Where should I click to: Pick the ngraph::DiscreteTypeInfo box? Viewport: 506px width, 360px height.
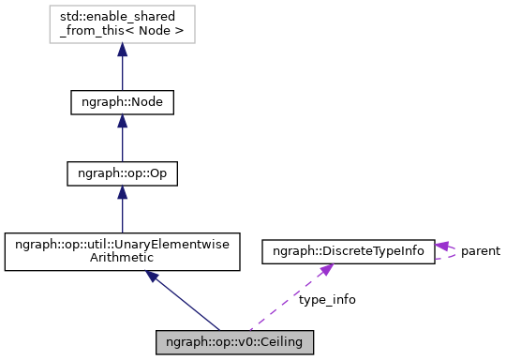tap(348, 251)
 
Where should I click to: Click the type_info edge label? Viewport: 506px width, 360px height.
tap(327, 300)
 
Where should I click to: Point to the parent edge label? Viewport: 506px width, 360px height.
tap(480, 251)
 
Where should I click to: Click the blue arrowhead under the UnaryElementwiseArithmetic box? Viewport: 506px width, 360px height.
tap(153, 278)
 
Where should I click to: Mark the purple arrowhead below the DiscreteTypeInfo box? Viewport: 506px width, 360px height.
tap(323, 271)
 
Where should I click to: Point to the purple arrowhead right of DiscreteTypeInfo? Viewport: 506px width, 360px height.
tap(443, 247)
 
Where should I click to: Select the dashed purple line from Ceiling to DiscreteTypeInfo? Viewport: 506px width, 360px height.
tap(281, 306)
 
